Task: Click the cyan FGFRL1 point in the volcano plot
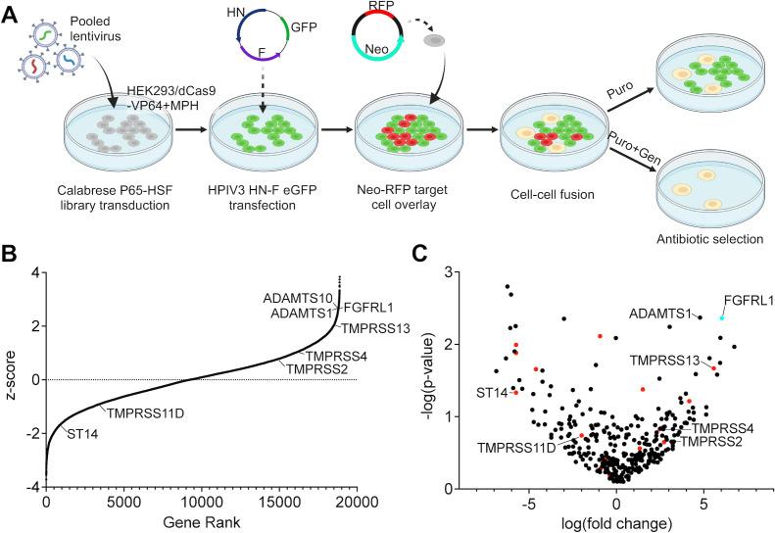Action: click(722, 317)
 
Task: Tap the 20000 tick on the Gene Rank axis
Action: click(355, 503)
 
